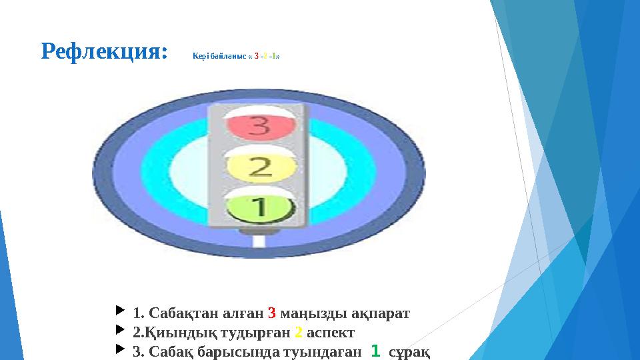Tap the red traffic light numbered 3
coord(259,125)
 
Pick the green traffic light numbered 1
coord(259,208)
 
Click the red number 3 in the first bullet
coord(272,313)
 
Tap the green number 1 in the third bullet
coord(375,350)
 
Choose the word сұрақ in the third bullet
coord(409,351)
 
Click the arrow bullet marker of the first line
coord(119,311)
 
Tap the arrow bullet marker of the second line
coord(119,330)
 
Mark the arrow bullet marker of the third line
coord(119,349)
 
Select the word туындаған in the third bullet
coord(325,351)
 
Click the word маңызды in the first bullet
coord(311,313)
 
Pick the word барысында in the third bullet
coord(245,351)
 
